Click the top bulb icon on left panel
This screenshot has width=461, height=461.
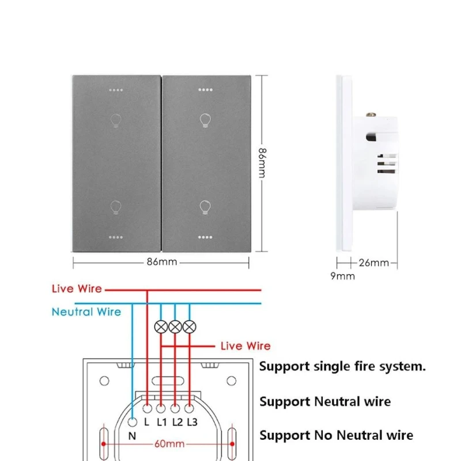pyautogui.click(x=115, y=120)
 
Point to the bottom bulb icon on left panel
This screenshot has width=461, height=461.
pyautogui.click(x=115, y=207)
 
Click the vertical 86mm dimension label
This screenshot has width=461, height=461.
pyautogui.click(x=262, y=163)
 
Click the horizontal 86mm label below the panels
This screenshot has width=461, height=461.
pyautogui.click(x=161, y=263)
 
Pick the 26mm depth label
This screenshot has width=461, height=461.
pyautogui.click(x=375, y=263)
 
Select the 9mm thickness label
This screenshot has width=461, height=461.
pyautogui.click(x=342, y=276)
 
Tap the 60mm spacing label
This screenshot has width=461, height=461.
pyautogui.click(x=169, y=444)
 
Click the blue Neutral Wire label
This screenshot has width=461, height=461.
pyautogui.click(x=86, y=312)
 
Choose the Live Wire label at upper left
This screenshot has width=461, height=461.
pyautogui.click(x=77, y=289)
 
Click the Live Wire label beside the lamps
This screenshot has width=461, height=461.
pyautogui.click(x=245, y=346)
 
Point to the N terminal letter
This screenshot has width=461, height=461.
pyautogui.click(x=132, y=436)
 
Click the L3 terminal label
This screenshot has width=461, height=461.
pyautogui.click(x=192, y=422)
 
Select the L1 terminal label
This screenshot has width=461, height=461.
pyautogui.click(x=162, y=422)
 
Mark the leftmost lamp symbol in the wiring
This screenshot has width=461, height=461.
pyautogui.click(x=161, y=327)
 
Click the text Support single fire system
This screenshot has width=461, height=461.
pyautogui.click(x=342, y=366)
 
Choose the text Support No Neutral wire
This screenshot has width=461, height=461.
pyautogui.click(x=336, y=436)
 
